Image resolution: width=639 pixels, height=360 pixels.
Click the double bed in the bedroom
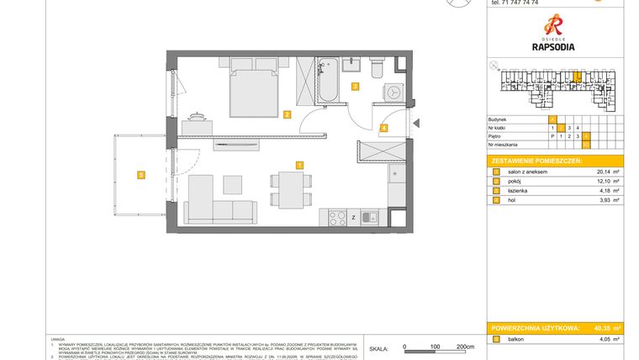(254, 91)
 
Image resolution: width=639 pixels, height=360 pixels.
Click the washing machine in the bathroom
(391, 91)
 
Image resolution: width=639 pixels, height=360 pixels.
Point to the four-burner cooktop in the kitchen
(337, 219)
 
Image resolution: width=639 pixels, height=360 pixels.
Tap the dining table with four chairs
(288, 188)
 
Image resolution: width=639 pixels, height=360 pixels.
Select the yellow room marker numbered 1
(298, 164)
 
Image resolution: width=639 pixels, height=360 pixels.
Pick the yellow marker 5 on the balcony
(141, 175)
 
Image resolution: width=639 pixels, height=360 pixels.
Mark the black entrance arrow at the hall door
(416, 124)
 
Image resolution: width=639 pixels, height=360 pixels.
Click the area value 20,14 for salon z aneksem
(595, 172)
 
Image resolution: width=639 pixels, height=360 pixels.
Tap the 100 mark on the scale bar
(436, 346)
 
